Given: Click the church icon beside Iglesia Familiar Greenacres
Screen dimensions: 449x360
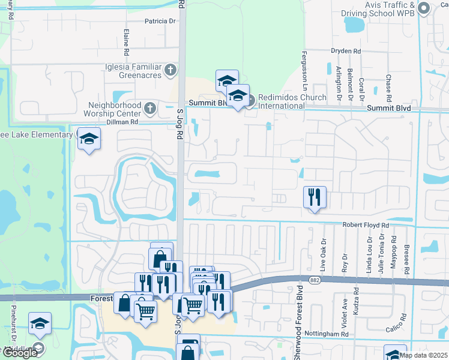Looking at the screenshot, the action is point(170,70).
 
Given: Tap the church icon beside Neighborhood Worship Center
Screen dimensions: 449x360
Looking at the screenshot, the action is point(150,109).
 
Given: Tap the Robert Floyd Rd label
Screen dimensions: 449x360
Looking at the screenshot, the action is point(366,225).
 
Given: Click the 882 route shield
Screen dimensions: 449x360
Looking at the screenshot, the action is point(315,280).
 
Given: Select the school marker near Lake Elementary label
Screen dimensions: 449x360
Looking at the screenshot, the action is point(89,138).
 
